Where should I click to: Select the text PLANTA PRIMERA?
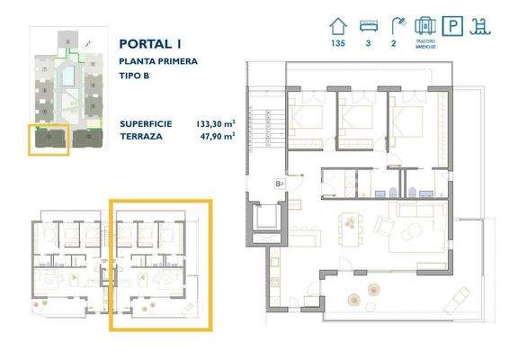click(x=156, y=60)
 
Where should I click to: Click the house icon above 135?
click(x=339, y=25)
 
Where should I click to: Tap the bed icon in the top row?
click(x=369, y=25)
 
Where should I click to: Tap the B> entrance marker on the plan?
click(x=280, y=184)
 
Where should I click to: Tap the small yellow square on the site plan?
click(x=49, y=139)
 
